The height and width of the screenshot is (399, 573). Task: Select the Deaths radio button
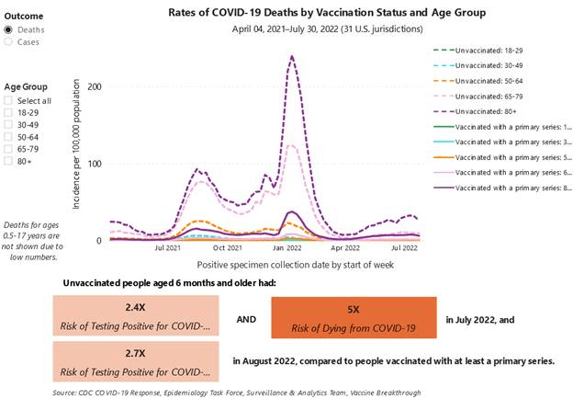pos(8,29)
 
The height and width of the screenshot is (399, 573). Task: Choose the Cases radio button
pos(8,41)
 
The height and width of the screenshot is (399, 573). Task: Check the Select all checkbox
pos(9,100)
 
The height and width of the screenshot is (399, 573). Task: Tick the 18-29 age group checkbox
pos(9,112)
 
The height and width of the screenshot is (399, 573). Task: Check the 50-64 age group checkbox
pos(9,136)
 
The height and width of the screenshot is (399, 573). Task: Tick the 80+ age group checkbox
pos(9,160)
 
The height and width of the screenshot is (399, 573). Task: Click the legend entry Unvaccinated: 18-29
pos(488,51)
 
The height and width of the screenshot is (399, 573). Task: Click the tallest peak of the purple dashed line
pos(292,56)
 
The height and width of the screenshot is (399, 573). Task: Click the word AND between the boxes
pos(245,318)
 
